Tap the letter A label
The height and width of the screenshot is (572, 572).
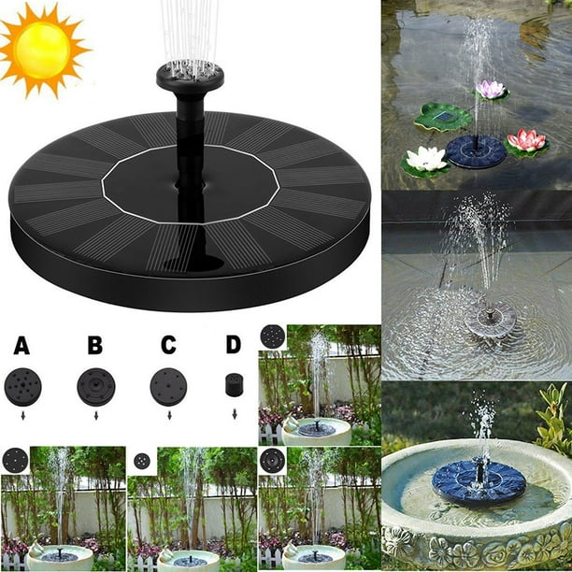tap(21, 346)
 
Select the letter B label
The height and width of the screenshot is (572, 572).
tap(95, 346)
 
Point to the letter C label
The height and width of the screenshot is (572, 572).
tap(168, 346)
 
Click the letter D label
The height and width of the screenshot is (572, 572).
tap(233, 346)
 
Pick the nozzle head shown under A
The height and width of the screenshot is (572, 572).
tap(22, 386)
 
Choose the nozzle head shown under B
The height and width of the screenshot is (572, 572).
tap(95, 386)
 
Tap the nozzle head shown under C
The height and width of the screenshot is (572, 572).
tap(168, 386)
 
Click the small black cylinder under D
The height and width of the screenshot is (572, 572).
tap(234, 384)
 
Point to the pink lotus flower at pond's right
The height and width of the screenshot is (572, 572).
tap(527, 141)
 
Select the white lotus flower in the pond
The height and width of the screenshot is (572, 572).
tap(427, 159)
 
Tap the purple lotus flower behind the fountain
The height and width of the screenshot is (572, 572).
tap(491, 90)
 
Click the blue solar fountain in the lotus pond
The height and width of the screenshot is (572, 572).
tap(476, 150)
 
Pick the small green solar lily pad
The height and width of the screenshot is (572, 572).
tap(442, 117)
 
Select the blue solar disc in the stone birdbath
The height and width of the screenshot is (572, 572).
tap(479, 481)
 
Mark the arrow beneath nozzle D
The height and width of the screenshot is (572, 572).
tap(233, 413)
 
